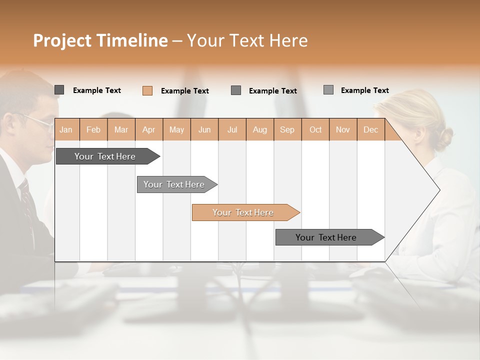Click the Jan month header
click(x=66, y=129)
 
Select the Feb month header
click(x=93, y=129)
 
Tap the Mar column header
click(x=121, y=129)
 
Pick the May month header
click(x=176, y=129)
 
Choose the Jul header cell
click(x=232, y=129)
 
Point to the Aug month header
click(x=259, y=129)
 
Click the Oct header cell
click(x=315, y=129)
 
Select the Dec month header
click(x=370, y=129)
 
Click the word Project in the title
click(x=62, y=40)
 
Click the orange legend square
click(x=147, y=90)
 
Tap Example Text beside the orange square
click(x=185, y=91)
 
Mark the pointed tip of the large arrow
click(x=439, y=190)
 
